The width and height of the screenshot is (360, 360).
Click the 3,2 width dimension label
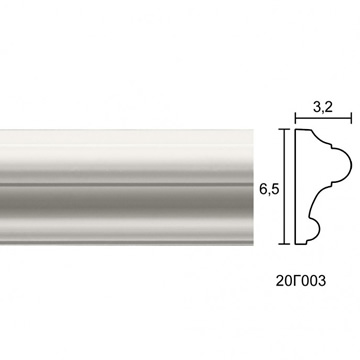tap(323, 107)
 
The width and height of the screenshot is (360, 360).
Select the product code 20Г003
tap(300, 281)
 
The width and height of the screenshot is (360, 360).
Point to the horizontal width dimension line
tap(323, 118)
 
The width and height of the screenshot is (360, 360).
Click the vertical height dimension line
tap(284, 186)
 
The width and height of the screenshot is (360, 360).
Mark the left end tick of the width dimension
tap(295, 118)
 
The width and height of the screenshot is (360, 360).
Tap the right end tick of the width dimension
tap(351, 118)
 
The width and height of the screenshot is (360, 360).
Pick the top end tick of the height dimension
tap(284, 129)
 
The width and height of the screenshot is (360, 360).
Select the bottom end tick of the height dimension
tap(284, 244)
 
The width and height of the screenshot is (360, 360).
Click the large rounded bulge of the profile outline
tap(351, 165)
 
